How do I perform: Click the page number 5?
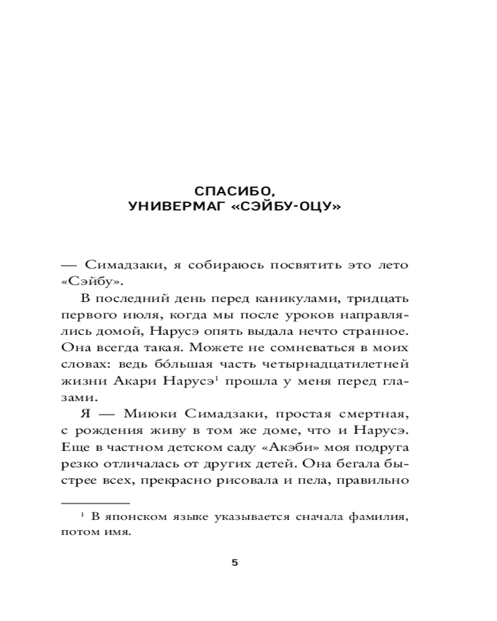click(234, 563)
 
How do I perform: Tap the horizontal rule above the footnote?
click(95, 502)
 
